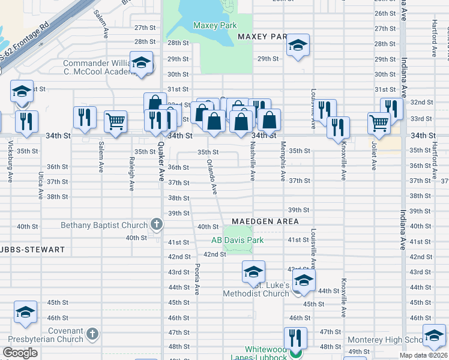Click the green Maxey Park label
pos(215,26)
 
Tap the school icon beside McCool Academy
pos(141,63)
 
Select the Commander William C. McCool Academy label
pos(97,67)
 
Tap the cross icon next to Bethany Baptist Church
pos(157,225)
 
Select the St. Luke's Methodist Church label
pos(256,289)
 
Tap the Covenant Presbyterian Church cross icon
pos(92,333)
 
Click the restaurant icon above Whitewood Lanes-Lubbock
pos(295,337)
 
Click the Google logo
pos(20,352)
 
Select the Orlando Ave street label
pos(212,177)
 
